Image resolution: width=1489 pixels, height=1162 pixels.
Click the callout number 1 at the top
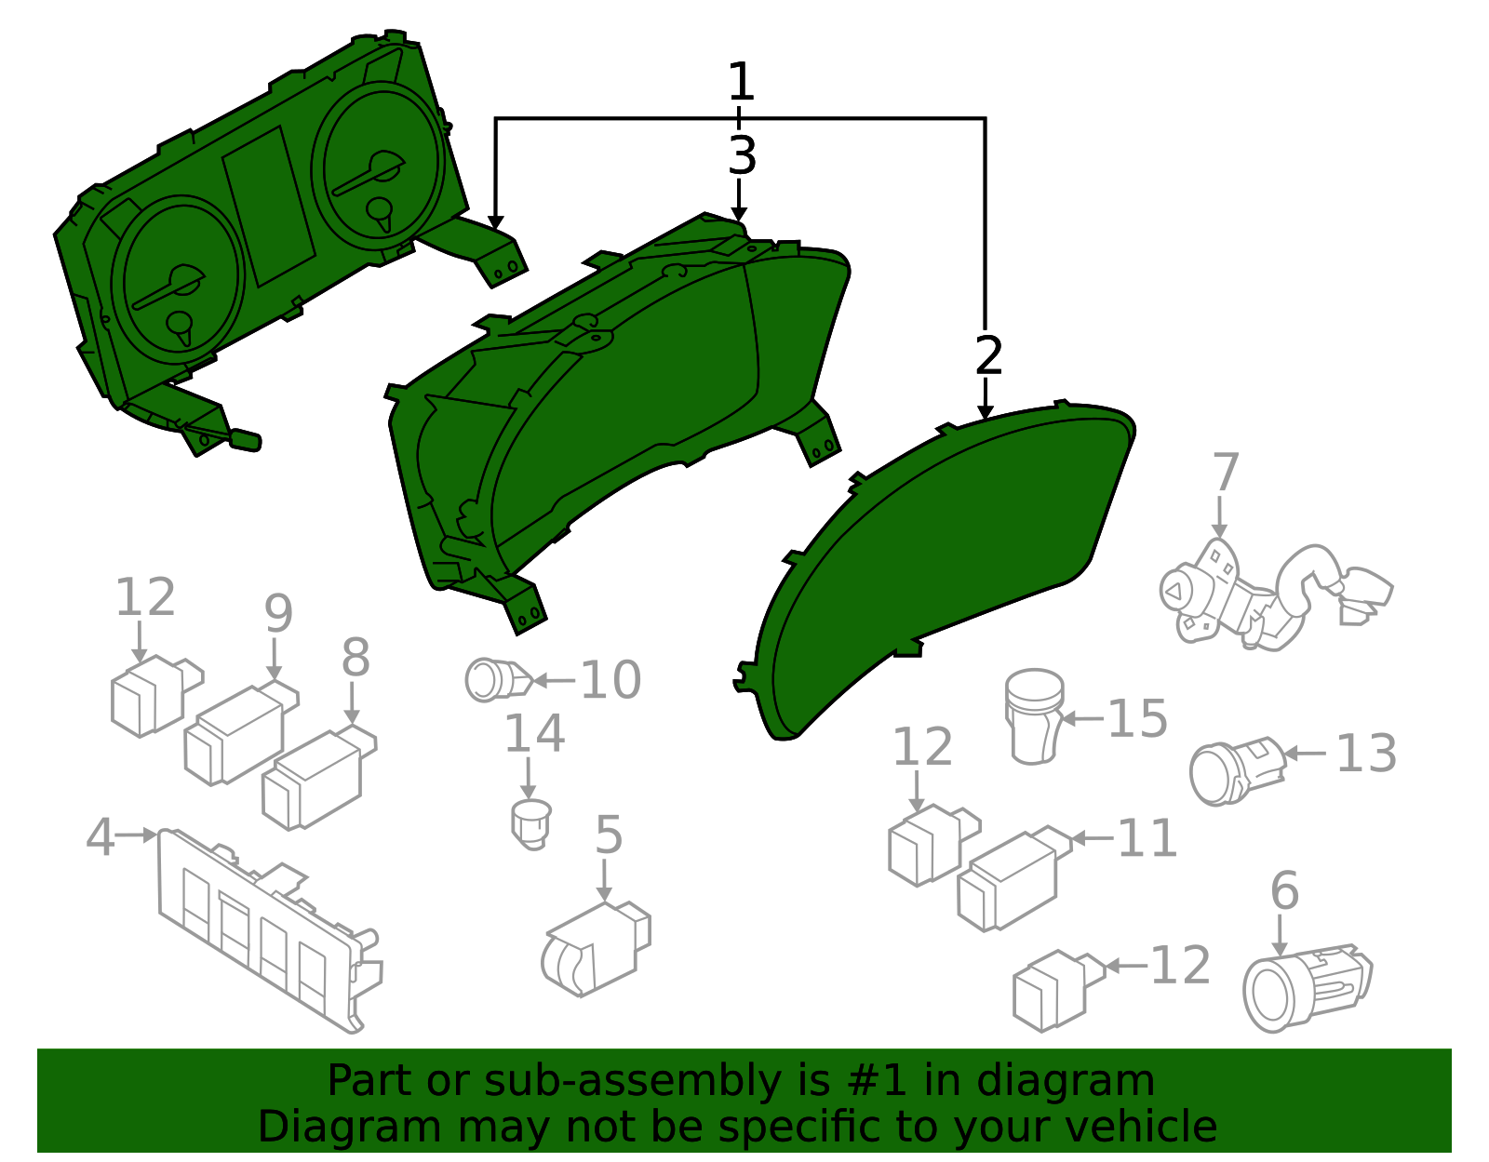[740, 83]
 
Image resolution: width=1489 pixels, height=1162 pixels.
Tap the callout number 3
[741, 155]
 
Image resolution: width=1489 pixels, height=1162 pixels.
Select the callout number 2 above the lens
[988, 355]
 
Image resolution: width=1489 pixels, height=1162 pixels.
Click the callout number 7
[1225, 473]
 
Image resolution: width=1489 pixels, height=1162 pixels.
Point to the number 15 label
[1137, 719]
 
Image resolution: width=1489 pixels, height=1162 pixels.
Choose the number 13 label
[1365, 754]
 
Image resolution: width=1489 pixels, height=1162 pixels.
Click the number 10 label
[610, 680]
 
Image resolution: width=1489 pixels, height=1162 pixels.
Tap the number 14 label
[534, 734]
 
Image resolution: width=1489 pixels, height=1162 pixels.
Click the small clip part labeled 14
[531, 822]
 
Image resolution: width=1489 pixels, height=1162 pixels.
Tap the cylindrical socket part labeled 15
[1035, 716]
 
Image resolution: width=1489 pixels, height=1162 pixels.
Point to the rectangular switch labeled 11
[1010, 879]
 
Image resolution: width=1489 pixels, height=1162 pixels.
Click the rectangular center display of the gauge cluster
[267, 206]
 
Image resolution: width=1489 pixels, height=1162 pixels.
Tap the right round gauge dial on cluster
[376, 167]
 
